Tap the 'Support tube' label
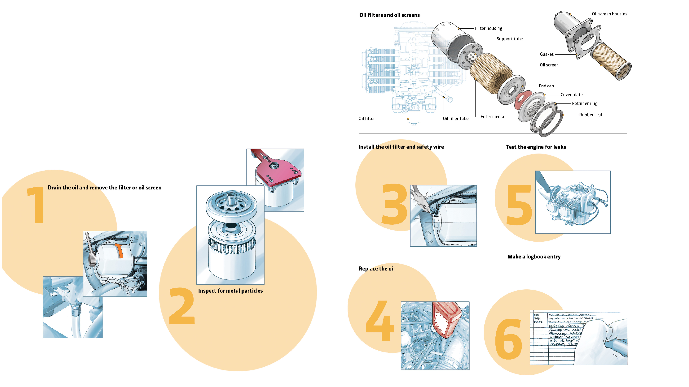point(509,39)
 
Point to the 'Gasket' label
point(546,54)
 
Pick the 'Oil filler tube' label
point(455,119)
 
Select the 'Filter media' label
point(492,117)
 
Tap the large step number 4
point(380,321)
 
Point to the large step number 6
point(508,339)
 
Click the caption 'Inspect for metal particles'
point(230,291)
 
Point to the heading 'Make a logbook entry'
point(534,257)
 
